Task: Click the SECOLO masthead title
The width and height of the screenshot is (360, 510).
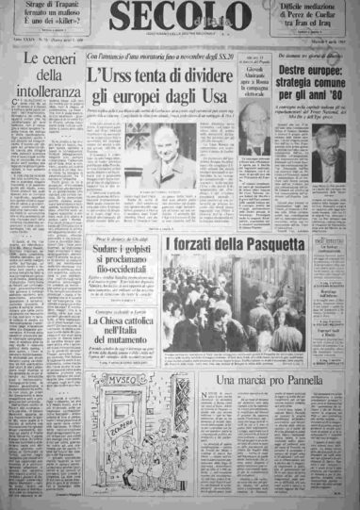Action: point(180,18)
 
